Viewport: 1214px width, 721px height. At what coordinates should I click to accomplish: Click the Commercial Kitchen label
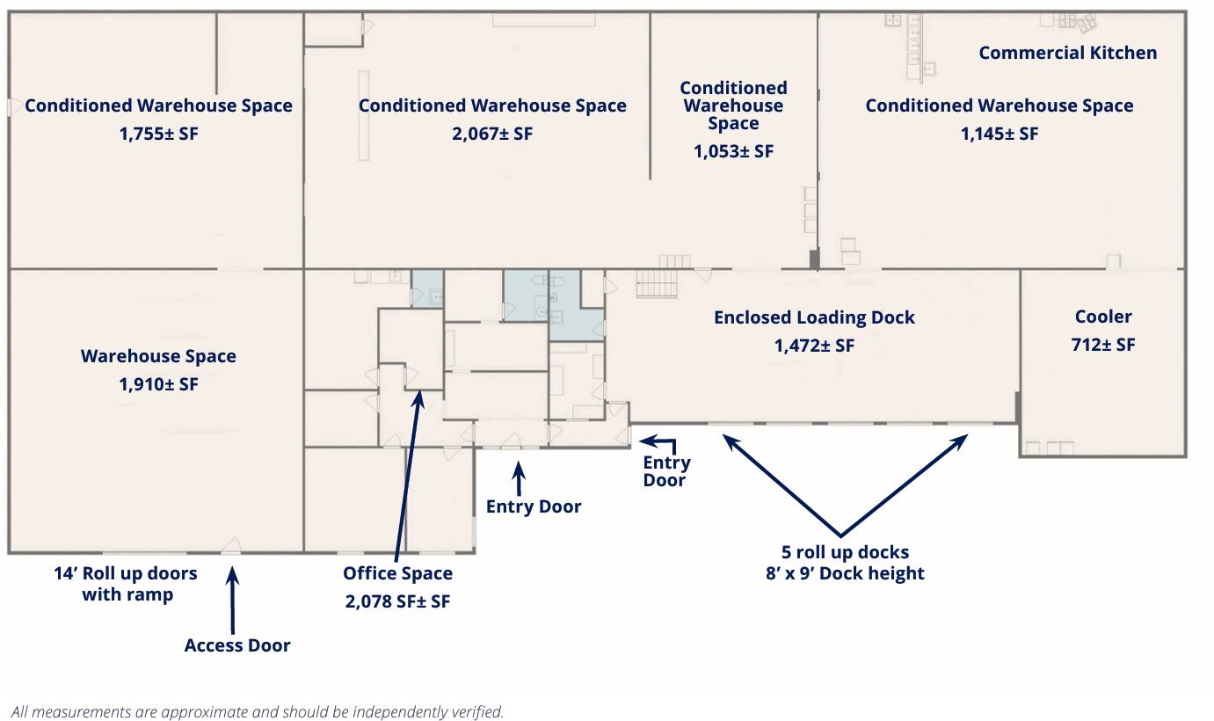1068,53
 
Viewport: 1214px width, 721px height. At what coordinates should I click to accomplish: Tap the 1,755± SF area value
158,134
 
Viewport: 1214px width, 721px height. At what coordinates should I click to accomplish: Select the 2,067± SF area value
492,134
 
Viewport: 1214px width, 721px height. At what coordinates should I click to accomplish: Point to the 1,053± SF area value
733,151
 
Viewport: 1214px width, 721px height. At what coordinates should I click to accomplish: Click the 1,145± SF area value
1000,134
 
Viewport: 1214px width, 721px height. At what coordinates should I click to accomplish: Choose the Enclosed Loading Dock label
814,317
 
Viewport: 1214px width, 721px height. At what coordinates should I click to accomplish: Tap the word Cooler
1103,316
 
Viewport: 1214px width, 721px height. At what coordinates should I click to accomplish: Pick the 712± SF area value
1103,345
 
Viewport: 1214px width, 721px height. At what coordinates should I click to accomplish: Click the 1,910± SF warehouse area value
158,384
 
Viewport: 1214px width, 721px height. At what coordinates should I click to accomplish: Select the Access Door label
237,645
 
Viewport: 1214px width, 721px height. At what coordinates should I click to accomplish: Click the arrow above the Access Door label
232,601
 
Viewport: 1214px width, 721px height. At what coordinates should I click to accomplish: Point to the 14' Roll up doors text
125,573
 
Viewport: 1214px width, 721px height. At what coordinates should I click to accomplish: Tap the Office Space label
398,573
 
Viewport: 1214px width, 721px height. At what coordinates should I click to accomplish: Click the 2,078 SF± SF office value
398,601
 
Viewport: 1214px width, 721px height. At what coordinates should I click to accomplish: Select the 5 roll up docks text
845,552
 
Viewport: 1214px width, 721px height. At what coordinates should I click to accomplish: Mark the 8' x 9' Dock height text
845,573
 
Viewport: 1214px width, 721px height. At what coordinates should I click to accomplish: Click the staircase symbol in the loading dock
657,283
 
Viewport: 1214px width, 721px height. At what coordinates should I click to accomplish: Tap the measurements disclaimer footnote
258,711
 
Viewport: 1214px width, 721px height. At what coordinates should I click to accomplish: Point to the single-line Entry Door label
534,506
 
